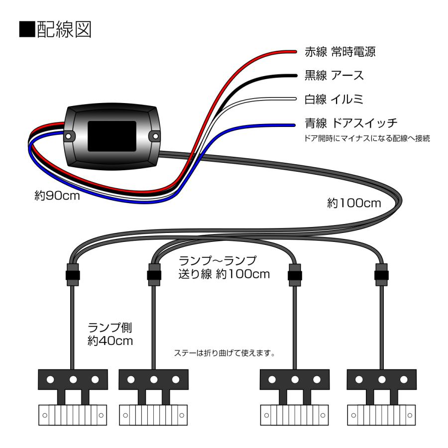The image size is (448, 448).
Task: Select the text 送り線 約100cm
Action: [x=223, y=273]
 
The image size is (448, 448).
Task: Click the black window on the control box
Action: [x=112, y=135]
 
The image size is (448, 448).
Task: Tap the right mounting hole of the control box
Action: [x=155, y=135]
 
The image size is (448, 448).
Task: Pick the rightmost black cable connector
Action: [x=382, y=275]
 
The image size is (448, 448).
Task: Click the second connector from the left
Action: [x=153, y=275]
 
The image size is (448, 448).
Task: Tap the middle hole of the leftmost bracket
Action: [x=73, y=380]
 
